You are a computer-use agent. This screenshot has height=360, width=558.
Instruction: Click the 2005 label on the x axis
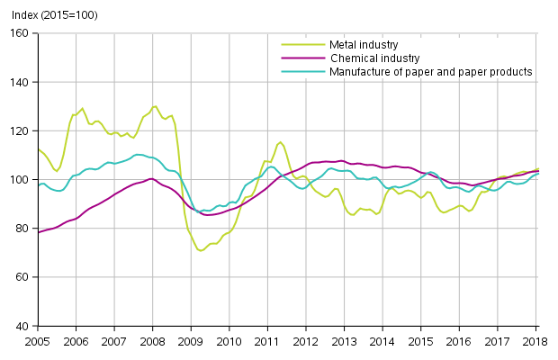[37, 342]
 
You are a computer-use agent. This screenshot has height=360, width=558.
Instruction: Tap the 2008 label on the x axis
[152, 342]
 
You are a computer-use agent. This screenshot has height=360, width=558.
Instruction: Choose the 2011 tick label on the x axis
[267, 342]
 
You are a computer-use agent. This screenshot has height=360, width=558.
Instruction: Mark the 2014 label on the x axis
[382, 342]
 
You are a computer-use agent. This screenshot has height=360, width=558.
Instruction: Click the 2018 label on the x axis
[536, 342]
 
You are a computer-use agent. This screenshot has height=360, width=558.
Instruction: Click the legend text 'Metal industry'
[364, 43]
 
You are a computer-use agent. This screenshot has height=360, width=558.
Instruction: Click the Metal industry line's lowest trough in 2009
[200, 250]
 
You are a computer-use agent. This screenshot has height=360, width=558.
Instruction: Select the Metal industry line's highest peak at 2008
[155, 106]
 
